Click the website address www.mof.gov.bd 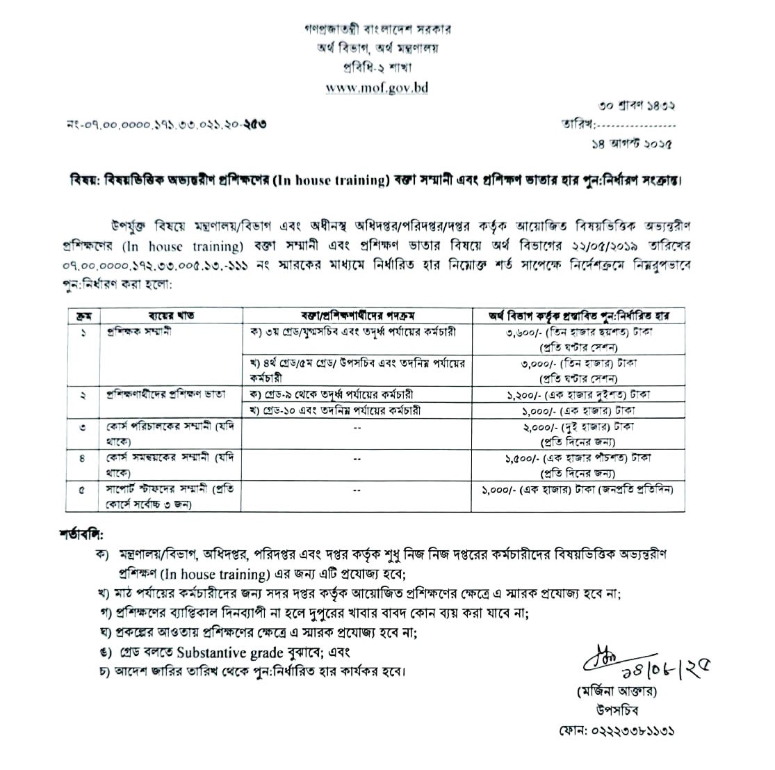pos(377,88)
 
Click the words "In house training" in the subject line pos(334,182)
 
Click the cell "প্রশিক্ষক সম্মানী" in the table pos(139,331)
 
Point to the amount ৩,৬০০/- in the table pos(525,332)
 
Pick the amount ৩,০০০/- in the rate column pos(525,363)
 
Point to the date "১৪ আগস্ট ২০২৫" pos(630,144)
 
